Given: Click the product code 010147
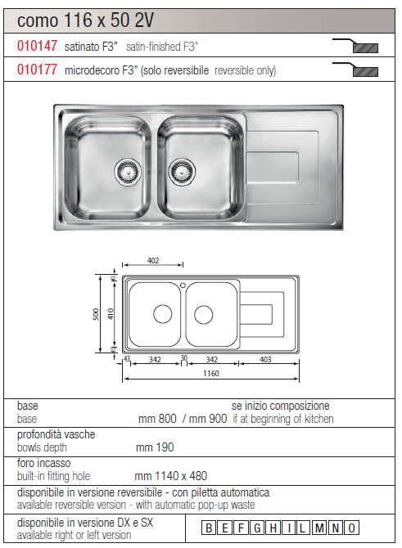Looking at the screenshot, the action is [37, 46].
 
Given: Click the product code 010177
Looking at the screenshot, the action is [37, 70].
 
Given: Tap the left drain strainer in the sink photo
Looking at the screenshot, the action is [128, 171].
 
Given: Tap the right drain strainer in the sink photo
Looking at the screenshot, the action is [182, 171].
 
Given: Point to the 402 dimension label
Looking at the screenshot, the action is [153, 260].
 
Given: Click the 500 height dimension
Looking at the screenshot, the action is [97, 314].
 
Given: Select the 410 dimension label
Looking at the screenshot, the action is [111, 314].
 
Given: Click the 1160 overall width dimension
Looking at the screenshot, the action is [211, 374].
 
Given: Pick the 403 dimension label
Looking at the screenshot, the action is [265, 359].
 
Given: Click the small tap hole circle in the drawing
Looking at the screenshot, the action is [183, 285].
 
